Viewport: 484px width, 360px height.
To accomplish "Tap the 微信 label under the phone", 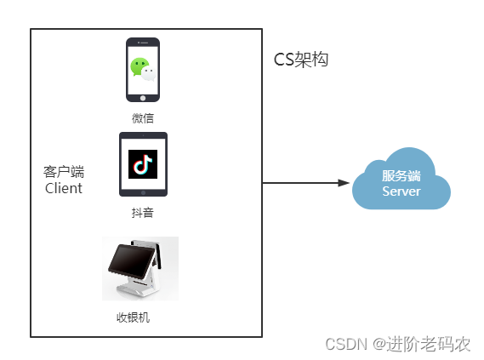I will pyautogui.click(x=143, y=117).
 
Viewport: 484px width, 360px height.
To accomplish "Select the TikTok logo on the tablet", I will pyautogui.click(x=143, y=163).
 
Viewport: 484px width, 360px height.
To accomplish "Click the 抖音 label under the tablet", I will pyautogui.click(x=143, y=213).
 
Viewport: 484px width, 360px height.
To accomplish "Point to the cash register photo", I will pyautogui.click(x=140, y=268).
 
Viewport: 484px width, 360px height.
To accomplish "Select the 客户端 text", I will pyautogui.click(x=64, y=172).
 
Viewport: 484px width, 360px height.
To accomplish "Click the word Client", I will pyautogui.click(x=64, y=188).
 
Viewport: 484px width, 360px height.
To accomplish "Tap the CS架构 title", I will pyautogui.click(x=300, y=60).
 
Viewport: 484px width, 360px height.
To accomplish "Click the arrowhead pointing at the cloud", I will pyautogui.click(x=344, y=182).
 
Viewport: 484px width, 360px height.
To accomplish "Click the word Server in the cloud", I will pyautogui.click(x=401, y=191).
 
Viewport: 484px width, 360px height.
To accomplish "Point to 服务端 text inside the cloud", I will pyautogui.click(x=401, y=176).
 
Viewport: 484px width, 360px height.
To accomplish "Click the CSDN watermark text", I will pyautogui.click(x=344, y=344).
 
